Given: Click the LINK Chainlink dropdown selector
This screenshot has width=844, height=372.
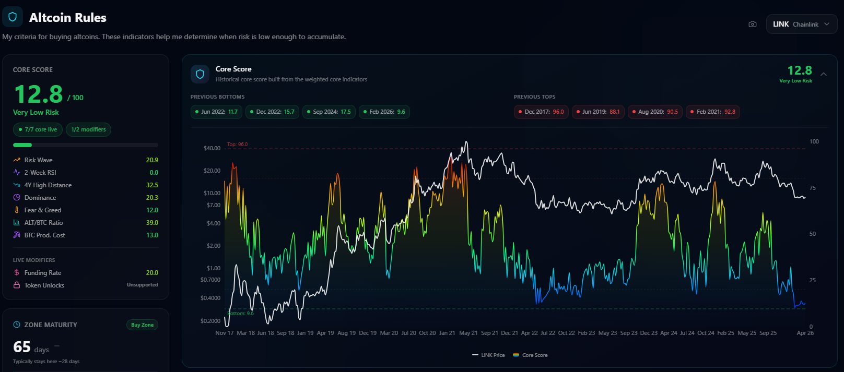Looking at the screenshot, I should coord(801,25).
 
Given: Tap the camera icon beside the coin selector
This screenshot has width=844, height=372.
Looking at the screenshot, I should coord(752,25).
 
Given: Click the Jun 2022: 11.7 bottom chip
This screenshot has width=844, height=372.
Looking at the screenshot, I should coord(216,112).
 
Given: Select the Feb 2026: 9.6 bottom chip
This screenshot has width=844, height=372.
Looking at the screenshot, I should coord(384,112).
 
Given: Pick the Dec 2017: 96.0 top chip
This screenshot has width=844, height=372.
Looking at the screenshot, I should coord(541,112).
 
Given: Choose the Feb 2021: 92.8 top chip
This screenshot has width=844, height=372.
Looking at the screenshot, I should coord(712,112).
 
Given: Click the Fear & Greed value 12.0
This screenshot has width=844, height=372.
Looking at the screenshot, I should coord(152,210).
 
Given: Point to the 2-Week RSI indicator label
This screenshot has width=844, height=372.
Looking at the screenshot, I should coord(40,173).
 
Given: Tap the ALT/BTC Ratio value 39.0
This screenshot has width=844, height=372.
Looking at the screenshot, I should coord(152,223).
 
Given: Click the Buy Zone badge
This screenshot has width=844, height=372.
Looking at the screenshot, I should coord(142,325).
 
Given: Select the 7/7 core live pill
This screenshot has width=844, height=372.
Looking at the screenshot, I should coord(38,129).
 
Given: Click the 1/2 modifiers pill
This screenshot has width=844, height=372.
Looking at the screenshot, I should coord(88,129).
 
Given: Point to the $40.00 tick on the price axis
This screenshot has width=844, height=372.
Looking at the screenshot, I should coord(212,148).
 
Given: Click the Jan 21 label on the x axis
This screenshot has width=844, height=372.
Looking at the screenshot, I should coord(447,333).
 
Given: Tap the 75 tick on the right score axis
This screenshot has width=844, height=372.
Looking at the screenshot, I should coord(813,188).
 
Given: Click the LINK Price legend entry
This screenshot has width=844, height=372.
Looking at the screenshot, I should coord(488,355).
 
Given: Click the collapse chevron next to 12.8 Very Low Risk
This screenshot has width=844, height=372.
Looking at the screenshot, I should coord(824,74).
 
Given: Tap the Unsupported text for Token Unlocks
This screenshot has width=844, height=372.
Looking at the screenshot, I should coord(142,285).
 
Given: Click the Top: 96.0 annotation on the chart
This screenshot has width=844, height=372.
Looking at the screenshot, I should coord(237,145).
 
